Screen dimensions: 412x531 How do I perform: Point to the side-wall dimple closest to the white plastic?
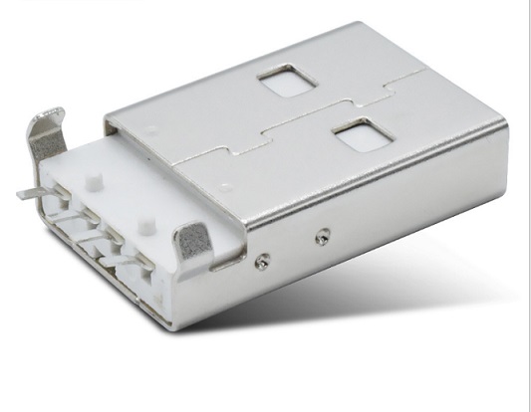click(262, 261)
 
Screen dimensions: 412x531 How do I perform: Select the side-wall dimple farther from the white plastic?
click(321, 238)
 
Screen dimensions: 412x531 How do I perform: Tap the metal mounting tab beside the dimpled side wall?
click(194, 242)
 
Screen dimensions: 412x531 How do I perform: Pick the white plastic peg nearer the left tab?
click(95, 183)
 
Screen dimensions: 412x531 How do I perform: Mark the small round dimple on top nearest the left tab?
click(149, 129)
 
